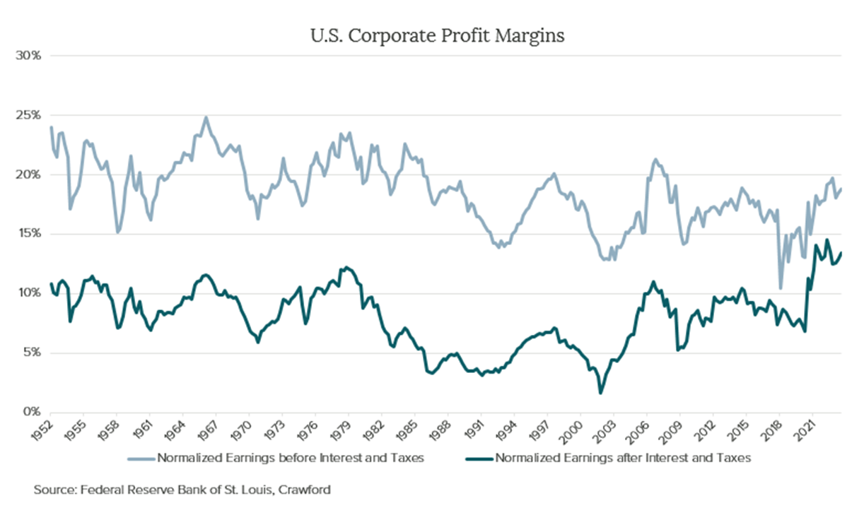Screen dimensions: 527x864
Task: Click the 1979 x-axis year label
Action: (x=339, y=429)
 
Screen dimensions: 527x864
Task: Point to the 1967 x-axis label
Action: (x=206, y=429)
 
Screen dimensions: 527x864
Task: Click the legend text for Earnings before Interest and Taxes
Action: (x=291, y=458)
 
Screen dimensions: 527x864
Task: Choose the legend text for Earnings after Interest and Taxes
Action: (x=623, y=458)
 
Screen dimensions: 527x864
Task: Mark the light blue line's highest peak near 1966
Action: (x=206, y=118)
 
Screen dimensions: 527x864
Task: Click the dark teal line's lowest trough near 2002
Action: (x=601, y=393)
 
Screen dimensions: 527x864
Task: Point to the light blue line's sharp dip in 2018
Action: (x=781, y=288)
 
